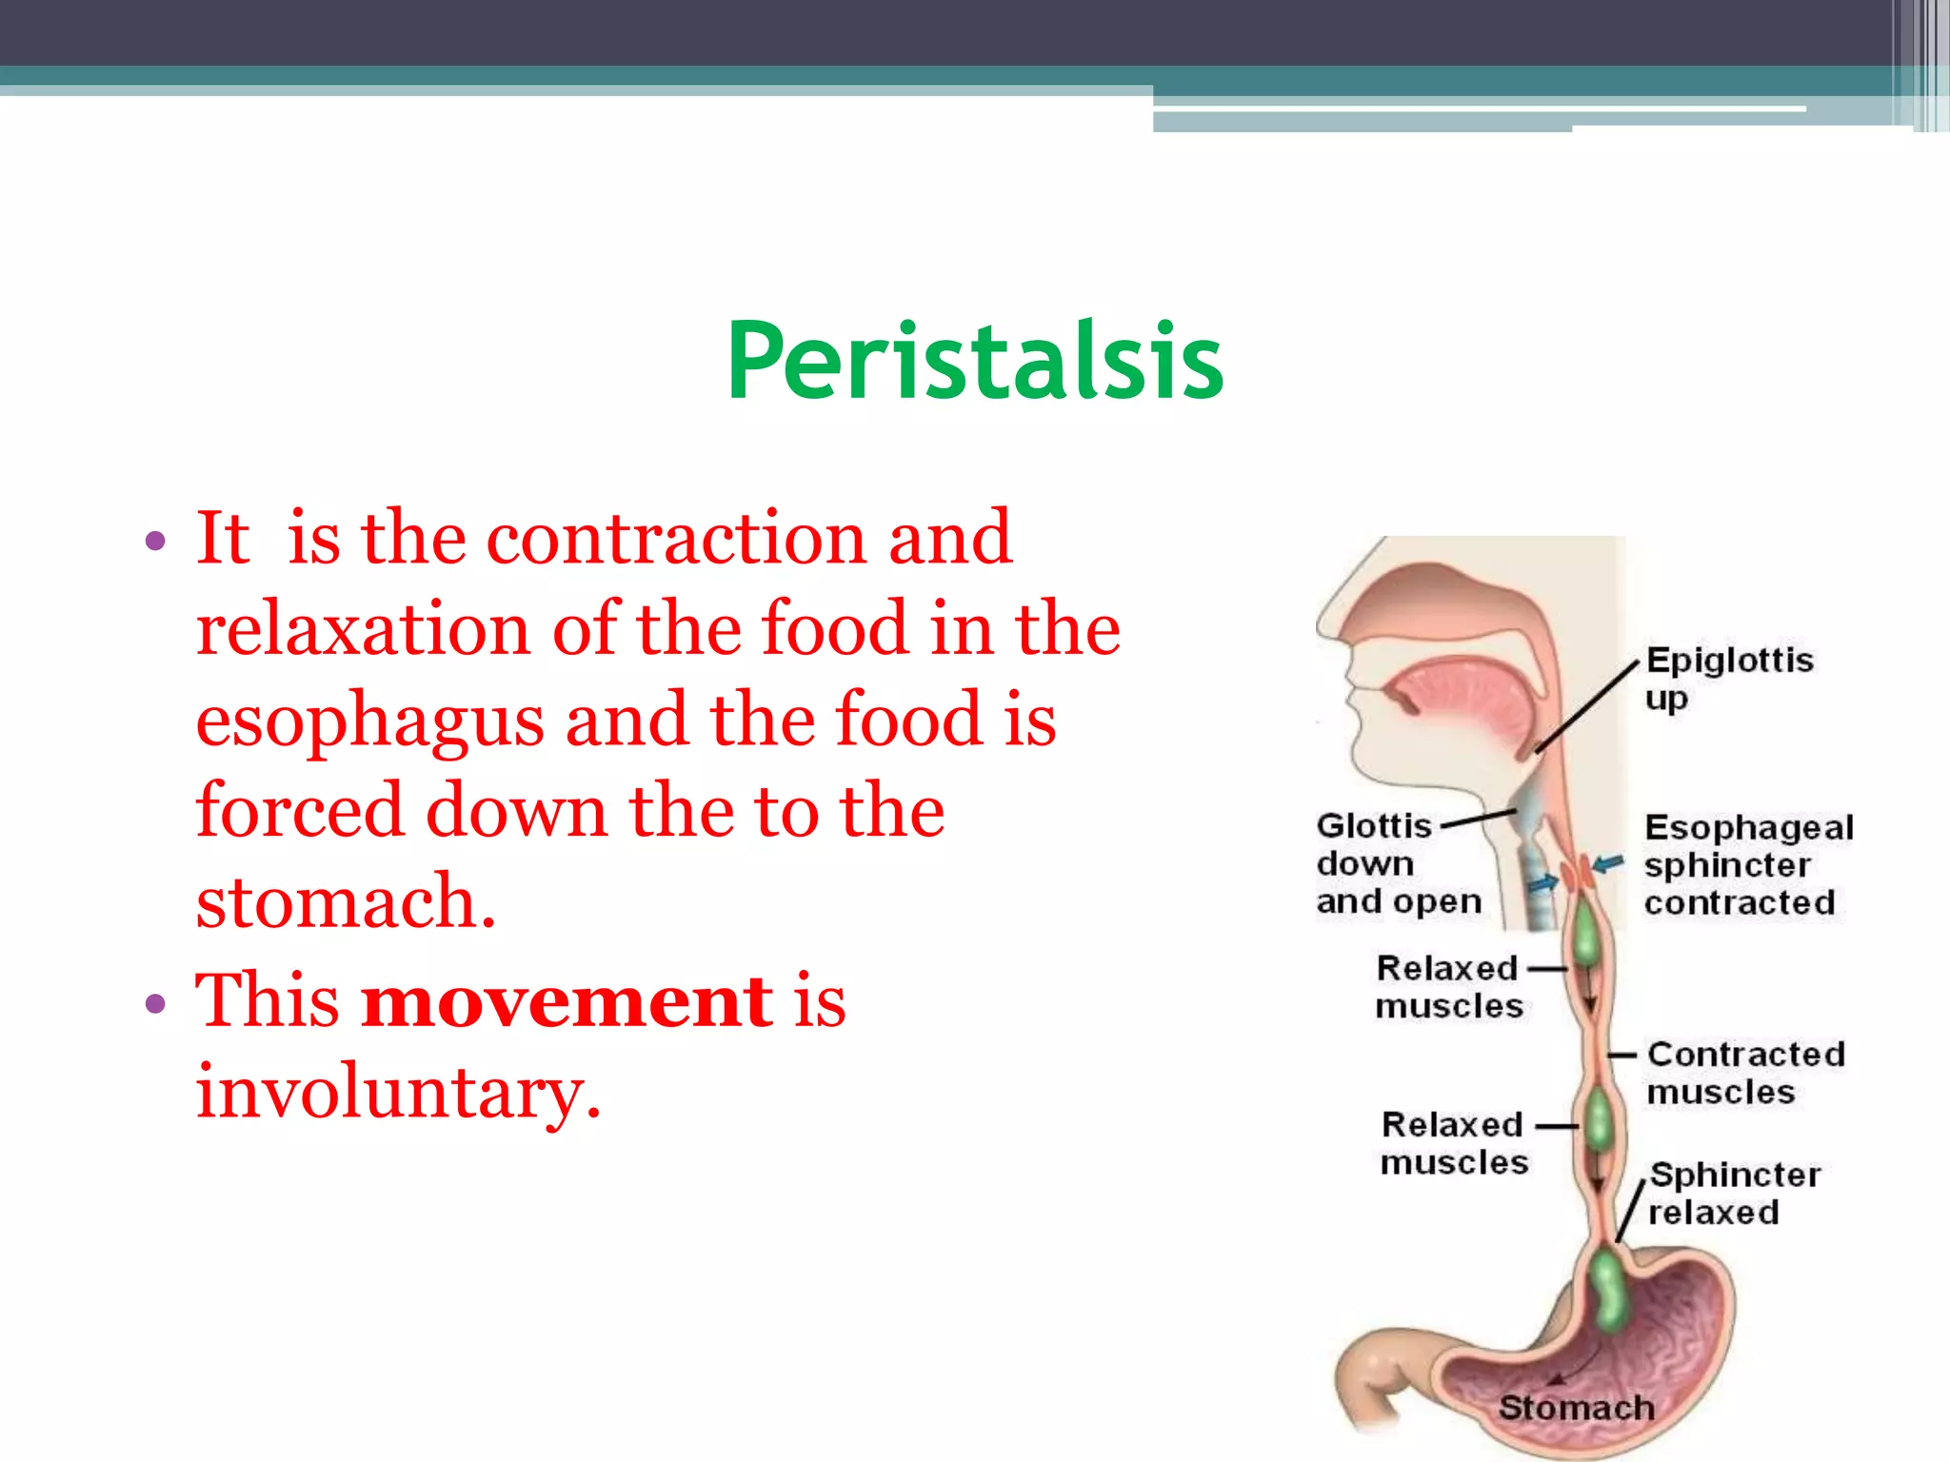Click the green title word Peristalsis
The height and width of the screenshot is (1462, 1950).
point(974,362)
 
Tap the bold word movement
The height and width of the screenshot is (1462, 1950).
point(567,1001)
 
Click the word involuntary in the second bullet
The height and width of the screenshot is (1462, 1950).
point(398,1093)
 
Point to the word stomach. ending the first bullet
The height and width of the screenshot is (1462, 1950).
point(346,901)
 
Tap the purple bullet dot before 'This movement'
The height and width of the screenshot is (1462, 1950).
point(155,1004)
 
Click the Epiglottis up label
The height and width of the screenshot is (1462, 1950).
point(1728,678)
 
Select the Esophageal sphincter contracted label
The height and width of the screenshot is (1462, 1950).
point(1747,864)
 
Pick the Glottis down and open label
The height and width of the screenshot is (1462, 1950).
point(1395,863)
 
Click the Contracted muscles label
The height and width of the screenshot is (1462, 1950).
point(1744,1073)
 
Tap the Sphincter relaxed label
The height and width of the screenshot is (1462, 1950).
point(1733,1193)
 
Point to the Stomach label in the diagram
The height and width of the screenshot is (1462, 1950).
point(1576,1407)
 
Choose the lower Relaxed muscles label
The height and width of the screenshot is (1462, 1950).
point(1454,1143)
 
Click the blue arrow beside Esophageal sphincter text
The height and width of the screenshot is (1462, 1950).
point(1608,864)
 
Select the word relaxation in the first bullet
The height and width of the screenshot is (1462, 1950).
point(363,630)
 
